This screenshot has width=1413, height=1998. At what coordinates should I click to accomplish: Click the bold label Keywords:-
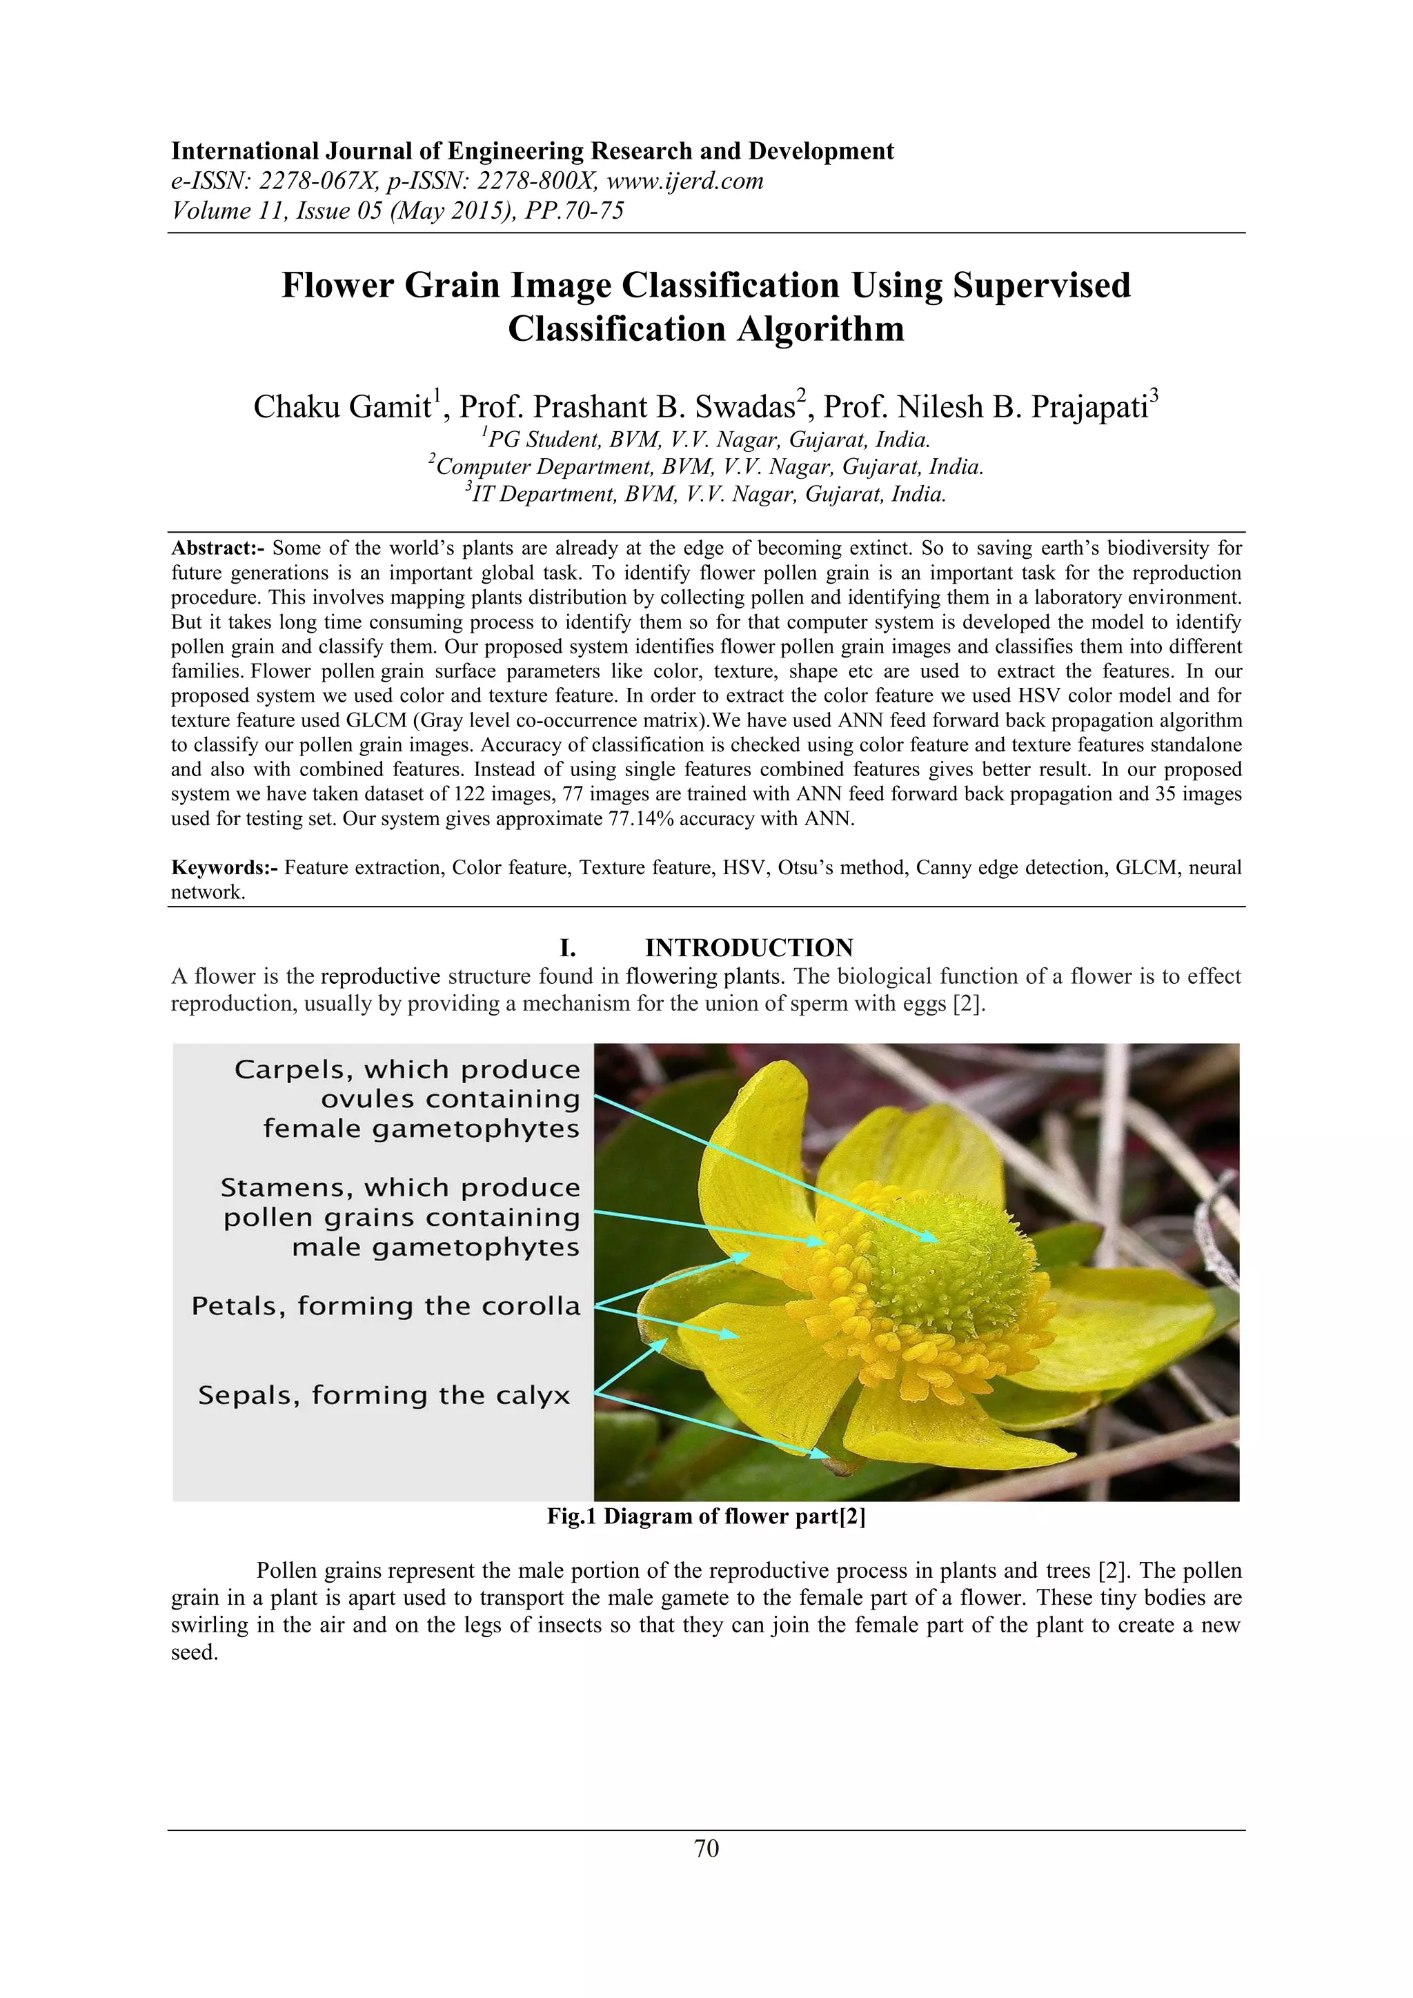tap(224, 868)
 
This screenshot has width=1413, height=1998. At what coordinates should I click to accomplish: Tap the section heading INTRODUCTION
tap(749, 948)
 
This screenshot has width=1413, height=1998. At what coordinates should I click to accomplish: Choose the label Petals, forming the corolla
tap(386, 1306)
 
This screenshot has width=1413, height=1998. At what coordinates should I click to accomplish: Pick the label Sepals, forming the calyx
tap(384, 1395)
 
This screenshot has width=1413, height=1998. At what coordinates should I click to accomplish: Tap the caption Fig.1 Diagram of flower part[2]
tap(706, 1516)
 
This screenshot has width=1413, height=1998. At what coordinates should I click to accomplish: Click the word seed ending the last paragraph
tap(192, 1652)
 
